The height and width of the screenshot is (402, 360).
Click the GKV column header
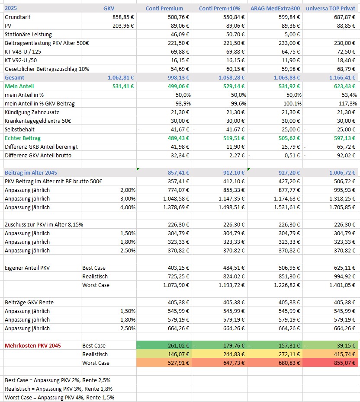click(x=109, y=8)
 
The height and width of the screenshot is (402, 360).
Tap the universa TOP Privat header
click(x=331, y=8)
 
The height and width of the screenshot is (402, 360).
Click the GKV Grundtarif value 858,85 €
click(x=122, y=17)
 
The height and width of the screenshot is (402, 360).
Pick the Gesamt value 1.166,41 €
click(x=342, y=77)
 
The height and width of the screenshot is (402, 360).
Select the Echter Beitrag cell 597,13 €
click(x=344, y=138)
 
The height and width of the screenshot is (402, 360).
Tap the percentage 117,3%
click(x=348, y=103)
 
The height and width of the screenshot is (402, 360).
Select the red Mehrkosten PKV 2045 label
click(x=33, y=345)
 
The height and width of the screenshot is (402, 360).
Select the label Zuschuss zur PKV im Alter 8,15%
click(x=44, y=224)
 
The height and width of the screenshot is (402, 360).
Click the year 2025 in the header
click(x=11, y=8)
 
